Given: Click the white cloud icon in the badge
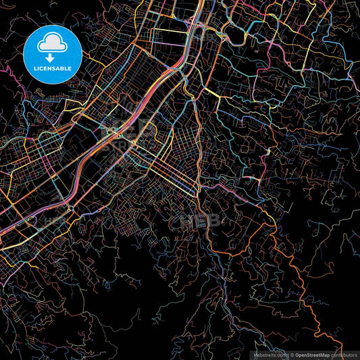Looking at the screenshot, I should tap(52, 43).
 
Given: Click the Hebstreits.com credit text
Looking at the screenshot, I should tap(269, 355).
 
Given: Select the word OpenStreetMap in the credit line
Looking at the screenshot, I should tap(312, 355).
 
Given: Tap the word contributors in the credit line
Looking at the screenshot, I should tap(344, 355).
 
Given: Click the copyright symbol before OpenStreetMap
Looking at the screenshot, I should tap(292, 355).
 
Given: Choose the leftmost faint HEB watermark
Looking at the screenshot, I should tap(54, 220).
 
